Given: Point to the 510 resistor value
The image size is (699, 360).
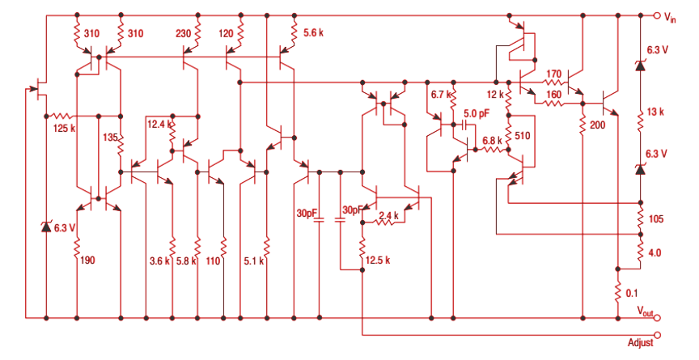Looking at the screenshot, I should click(x=522, y=136).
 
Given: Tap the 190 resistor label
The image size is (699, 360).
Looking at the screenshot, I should click(x=87, y=260).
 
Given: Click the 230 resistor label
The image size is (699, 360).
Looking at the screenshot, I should click(x=184, y=33).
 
